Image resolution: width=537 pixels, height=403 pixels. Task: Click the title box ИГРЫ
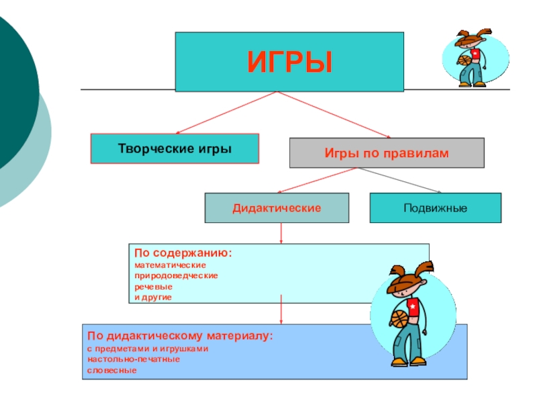click(289, 61)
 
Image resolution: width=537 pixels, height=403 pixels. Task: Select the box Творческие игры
click(175, 148)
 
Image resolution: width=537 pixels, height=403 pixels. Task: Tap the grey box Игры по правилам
click(386, 153)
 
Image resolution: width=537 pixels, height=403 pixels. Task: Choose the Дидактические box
click(277, 208)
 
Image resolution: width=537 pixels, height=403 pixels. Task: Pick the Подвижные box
click(435, 208)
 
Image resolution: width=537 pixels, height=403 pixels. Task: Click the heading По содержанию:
click(183, 254)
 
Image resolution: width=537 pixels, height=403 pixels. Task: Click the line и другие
click(153, 296)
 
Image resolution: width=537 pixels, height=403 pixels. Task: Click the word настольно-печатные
click(133, 359)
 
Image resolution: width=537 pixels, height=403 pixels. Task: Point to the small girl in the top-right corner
click(471, 58)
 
